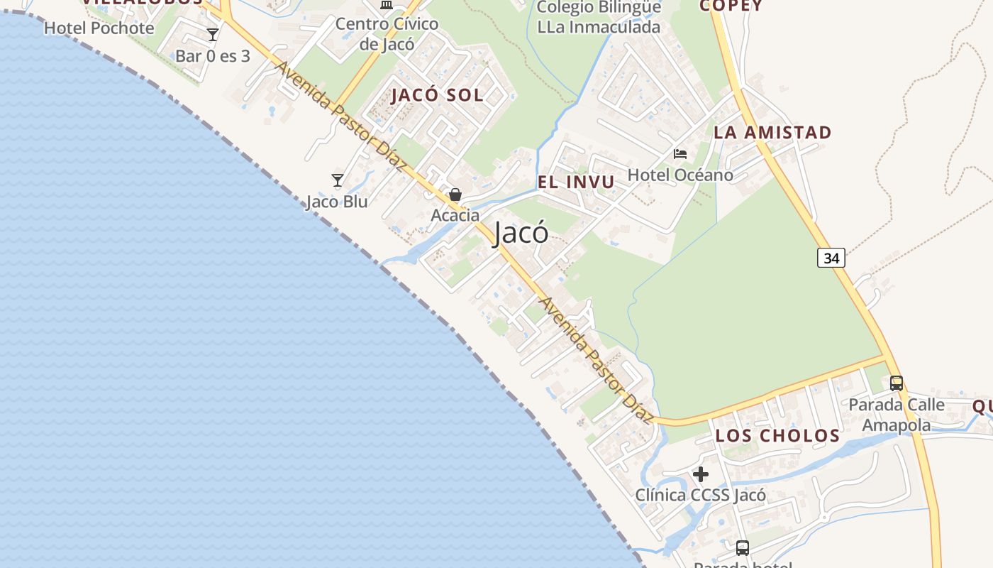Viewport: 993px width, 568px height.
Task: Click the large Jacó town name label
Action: (x=521, y=233)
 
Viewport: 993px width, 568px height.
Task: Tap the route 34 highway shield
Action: (x=831, y=258)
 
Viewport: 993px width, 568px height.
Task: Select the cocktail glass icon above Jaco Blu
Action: (x=338, y=180)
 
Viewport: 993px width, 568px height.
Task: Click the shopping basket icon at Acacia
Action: (x=455, y=195)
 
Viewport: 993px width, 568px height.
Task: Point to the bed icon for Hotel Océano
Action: (x=680, y=153)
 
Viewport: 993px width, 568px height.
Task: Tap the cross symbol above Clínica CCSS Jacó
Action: (x=701, y=474)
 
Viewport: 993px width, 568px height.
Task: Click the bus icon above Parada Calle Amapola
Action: (x=897, y=383)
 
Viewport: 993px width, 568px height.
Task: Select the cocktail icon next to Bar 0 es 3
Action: (x=212, y=34)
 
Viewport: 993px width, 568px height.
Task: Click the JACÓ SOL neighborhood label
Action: (x=437, y=95)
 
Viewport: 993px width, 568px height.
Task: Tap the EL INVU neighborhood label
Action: (x=576, y=182)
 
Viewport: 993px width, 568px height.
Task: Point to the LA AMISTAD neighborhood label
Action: (x=772, y=133)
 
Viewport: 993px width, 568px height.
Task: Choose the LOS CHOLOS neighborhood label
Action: (x=777, y=435)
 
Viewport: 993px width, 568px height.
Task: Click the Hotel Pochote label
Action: (x=99, y=28)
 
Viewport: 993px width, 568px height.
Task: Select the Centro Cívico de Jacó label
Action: (x=387, y=33)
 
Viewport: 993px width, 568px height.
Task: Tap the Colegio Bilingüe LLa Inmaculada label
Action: (x=599, y=17)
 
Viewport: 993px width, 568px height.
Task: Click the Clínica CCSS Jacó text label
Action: (x=700, y=495)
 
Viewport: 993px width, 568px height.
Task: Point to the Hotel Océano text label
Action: (x=680, y=175)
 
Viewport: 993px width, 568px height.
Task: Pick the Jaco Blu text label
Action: (x=337, y=202)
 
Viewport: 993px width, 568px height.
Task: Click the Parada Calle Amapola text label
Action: (x=897, y=415)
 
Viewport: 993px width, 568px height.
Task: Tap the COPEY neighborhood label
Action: (x=731, y=6)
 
